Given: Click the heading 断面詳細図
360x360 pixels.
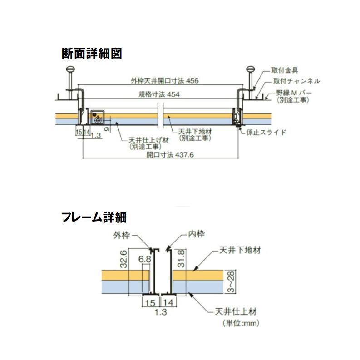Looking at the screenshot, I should [92, 54].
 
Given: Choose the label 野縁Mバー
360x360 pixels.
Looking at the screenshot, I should [293, 93].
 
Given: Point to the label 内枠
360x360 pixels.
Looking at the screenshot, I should [196, 235].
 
